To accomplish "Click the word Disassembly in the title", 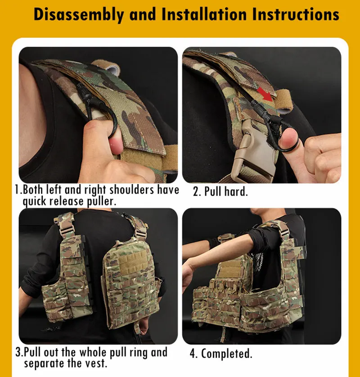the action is click(79, 14).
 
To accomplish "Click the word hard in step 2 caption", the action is click(236, 191).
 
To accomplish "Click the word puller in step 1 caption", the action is click(102, 201).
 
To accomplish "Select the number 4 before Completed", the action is click(193, 354).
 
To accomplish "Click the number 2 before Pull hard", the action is click(196, 192).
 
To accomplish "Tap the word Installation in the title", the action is click(204, 14).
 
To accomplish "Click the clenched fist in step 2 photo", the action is click(323, 156).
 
